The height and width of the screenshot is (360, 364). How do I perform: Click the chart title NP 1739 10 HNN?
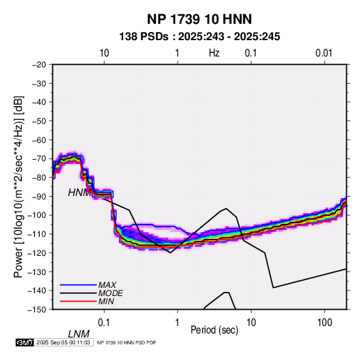pos(199,19)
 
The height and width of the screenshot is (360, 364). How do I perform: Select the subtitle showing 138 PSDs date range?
pos(199,37)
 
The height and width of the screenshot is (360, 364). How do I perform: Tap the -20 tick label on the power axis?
pos(39,65)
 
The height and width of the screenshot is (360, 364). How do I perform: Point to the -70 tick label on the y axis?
pos(39,159)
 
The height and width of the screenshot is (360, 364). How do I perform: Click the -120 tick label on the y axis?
pos(37,252)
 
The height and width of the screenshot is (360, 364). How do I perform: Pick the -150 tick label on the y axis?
pos(37,310)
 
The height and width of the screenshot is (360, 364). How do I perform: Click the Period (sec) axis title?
pos(214,330)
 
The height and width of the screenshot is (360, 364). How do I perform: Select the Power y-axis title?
pos(18,187)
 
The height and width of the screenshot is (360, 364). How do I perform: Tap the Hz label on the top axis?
pos(214,53)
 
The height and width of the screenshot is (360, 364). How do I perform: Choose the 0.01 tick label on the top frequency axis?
pos(324,53)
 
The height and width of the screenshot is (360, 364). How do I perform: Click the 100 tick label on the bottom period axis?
pos(325,323)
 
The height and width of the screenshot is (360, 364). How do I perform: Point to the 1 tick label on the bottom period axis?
pos(178,323)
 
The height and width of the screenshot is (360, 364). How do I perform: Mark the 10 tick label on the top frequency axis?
pos(104,53)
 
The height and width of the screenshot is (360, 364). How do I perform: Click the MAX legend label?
pos(107,285)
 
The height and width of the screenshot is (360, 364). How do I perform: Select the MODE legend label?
pos(110,293)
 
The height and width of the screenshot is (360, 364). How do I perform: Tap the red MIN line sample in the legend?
pos(78,301)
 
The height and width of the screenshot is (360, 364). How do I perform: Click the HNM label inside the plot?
pos(80,193)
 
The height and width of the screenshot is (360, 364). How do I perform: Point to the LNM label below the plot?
pos(79,334)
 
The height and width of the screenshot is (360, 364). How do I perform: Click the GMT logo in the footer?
pos(25,342)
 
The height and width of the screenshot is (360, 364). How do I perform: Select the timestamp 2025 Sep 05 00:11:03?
pos(63,342)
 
